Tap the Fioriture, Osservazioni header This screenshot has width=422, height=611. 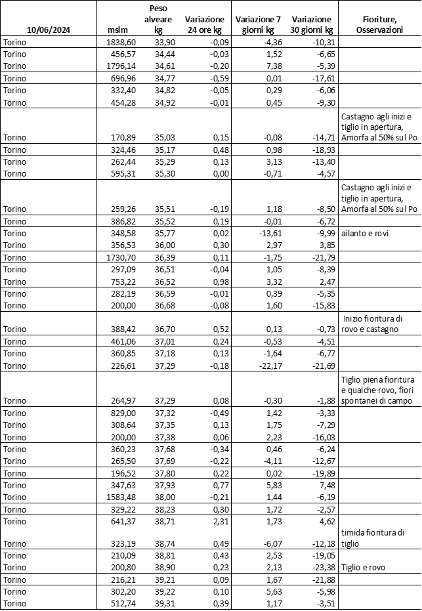point(379,25)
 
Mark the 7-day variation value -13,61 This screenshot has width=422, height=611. point(268,233)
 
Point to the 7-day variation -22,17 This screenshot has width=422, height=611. point(268,366)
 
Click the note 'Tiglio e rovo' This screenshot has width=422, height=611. point(362,568)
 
